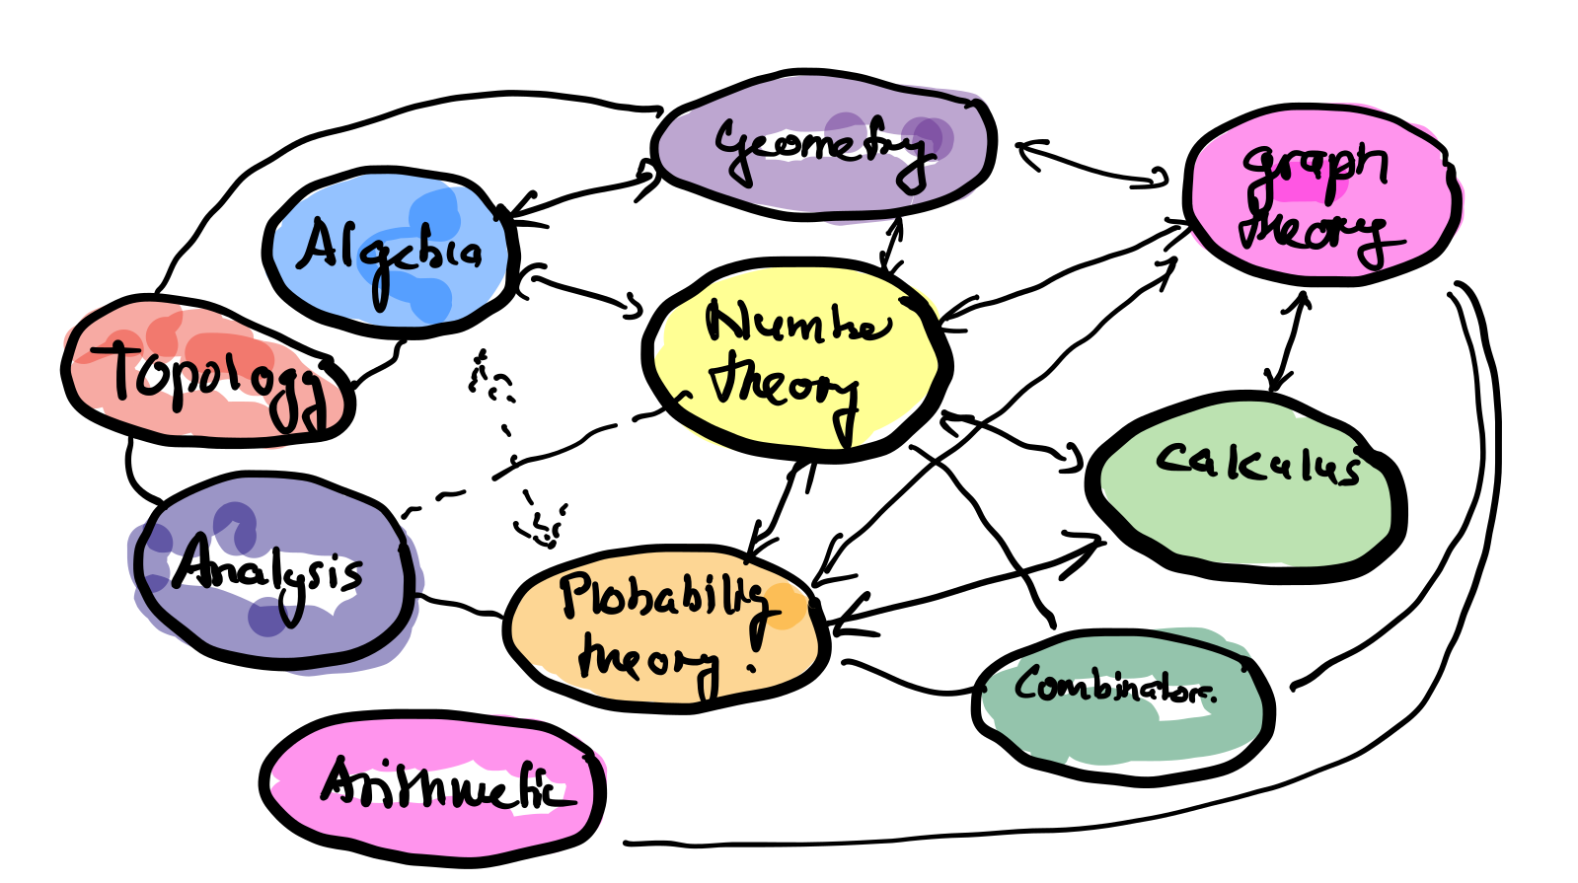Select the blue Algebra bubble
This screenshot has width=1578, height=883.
coord(390,252)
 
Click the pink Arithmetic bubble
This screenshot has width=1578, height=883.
coord(434,784)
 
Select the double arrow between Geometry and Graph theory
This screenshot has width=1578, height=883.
coord(1090,165)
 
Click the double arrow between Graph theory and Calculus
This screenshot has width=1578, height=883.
coord(1288,340)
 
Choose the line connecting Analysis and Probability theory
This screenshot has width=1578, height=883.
coord(459,605)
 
